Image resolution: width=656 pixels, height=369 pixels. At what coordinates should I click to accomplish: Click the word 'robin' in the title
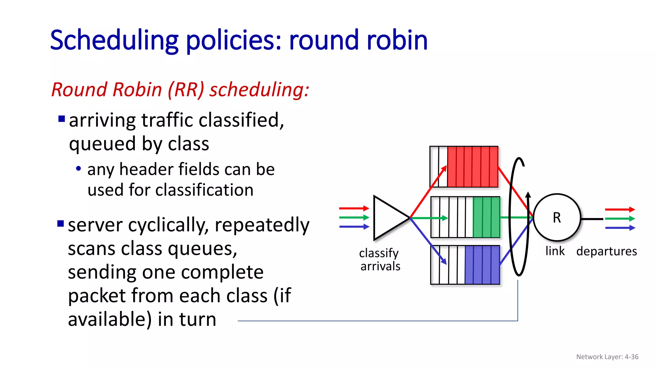point(397,40)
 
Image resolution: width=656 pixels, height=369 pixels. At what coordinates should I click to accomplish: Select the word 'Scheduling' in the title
point(114,41)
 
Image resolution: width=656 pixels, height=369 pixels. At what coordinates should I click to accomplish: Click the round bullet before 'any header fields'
point(78,168)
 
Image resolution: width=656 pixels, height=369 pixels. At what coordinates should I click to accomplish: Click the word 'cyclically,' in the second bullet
point(168,225)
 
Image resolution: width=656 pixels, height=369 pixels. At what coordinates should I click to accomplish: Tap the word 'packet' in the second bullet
point(97,295)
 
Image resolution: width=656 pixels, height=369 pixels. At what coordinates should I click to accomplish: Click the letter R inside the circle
point(557,218)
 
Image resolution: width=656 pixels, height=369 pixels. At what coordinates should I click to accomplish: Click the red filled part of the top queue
point(472,167)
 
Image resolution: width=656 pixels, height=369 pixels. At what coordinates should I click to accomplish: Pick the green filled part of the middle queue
point(486,217)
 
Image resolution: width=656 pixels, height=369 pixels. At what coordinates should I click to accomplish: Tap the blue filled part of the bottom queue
point(482,265)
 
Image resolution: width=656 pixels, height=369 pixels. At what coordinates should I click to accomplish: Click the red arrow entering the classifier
point(354,208)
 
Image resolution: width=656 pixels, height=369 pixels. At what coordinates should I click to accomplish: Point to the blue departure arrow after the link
point(620,228)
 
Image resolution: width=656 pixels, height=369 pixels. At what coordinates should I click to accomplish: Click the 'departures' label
point(606,251)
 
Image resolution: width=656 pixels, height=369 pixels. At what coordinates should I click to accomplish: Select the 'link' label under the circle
point(555,251)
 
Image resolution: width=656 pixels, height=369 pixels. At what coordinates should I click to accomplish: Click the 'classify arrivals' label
point(380,259)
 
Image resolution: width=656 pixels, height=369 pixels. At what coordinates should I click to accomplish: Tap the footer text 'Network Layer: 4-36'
point(607,357)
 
